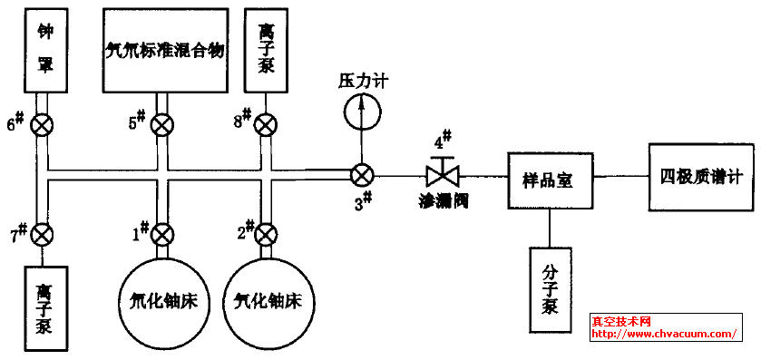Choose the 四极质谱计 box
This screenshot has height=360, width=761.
point(701,176)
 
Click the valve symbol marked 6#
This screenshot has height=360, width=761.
point(42,125)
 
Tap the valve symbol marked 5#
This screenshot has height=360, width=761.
point(162,125)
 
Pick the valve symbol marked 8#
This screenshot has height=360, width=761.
point(267,125)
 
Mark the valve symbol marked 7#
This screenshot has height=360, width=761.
point(42,235)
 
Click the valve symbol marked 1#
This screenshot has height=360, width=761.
point(162,235)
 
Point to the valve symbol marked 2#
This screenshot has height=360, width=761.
point(267,235)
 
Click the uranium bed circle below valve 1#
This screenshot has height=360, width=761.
point(163,300)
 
